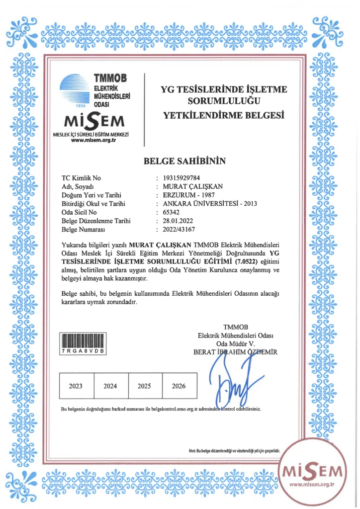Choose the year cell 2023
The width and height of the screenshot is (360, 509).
(76, 386)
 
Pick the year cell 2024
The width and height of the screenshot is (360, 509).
(110, 386)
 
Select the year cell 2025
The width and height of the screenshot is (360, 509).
(144, 386)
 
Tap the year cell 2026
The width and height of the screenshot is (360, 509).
(179, 386)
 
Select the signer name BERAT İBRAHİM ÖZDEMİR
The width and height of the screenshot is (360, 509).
(235, 352)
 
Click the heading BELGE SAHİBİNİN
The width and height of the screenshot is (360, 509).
(184, 161)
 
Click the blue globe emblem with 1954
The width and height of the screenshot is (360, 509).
(75, 89)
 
